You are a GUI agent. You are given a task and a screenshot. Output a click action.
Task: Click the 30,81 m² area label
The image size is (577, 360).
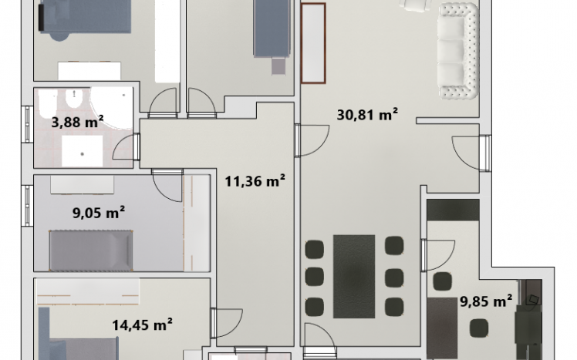pos(367,115)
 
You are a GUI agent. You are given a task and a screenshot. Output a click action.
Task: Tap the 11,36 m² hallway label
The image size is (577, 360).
pos(255,181)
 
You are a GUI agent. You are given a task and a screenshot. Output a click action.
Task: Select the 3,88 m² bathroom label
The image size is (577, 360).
pos(77,121)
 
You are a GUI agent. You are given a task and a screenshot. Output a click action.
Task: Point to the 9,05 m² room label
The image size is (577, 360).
pos(98,213)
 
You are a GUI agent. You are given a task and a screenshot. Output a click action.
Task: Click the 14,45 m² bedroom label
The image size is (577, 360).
pos(142,325)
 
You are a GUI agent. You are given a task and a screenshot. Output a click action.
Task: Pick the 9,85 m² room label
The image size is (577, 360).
pos(486,301)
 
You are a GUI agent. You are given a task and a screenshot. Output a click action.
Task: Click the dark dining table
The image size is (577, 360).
pos(354,277)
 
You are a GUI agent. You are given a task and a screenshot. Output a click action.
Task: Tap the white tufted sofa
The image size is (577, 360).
pos(458,51)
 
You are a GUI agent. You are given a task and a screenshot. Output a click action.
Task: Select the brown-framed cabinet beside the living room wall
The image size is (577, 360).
pos(313,43)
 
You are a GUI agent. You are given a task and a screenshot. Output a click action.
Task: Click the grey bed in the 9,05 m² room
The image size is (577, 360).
pos(91,251)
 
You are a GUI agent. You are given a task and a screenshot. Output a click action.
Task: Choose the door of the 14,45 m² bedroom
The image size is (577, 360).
pos(227,323)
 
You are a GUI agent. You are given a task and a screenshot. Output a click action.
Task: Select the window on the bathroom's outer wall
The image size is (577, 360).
pos(27,124)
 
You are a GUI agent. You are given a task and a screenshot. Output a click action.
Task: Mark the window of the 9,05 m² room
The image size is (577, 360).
pos(27,205)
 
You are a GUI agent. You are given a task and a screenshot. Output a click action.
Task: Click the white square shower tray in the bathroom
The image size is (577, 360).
pos(82,151)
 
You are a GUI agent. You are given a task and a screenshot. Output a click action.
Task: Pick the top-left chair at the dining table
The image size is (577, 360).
pos(315,249)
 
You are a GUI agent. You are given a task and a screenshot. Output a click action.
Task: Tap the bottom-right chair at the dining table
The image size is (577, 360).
pos(394,307)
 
